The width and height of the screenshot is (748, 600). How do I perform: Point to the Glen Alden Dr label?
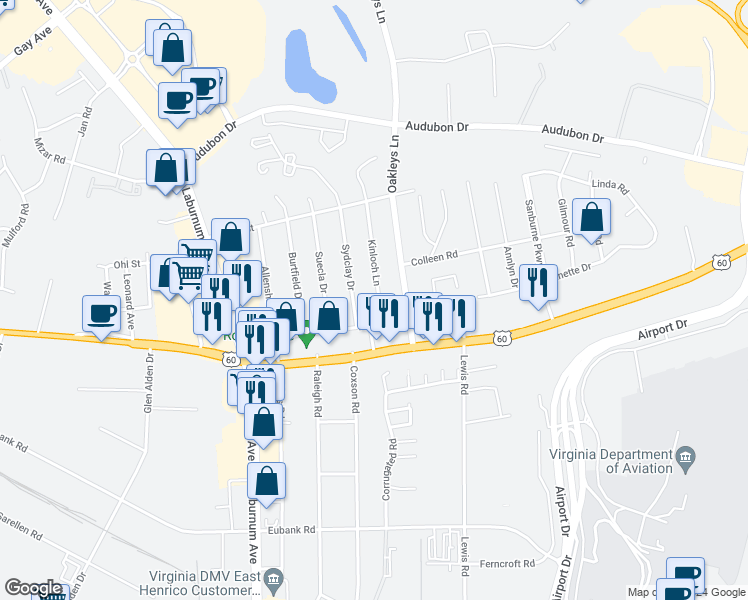coord(148,383)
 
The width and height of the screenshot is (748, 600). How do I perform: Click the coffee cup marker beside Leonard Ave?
coord(101,314)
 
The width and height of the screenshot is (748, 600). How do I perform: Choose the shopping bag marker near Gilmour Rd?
coord(592,219)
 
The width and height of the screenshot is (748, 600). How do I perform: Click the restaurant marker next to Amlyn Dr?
coord(538,283)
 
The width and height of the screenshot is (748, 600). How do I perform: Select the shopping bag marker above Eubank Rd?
coord(266,482)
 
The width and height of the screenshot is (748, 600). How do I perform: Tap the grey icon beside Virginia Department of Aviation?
coord(685,460)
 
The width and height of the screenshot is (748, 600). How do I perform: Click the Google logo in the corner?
coord(33,588)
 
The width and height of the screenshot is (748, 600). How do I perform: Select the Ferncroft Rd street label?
coord(507,563)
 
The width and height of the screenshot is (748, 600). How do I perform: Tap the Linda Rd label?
coord(609,187)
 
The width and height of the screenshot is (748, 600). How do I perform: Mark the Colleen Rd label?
coord(437,255)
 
